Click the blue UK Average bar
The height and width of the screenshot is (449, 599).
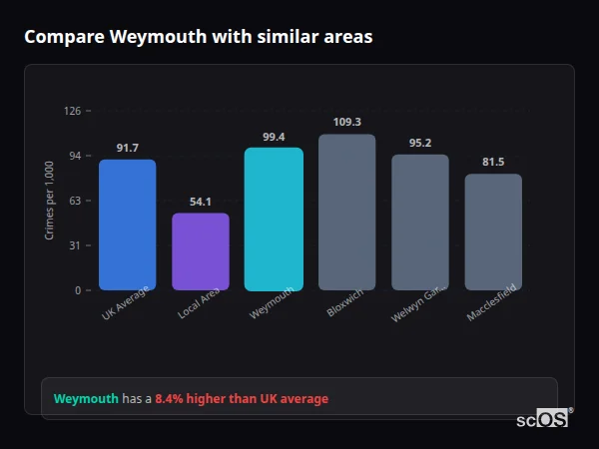point(127,224)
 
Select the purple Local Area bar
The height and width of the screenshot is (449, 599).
point(201,251)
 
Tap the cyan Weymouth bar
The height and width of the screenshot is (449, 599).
point(274,219)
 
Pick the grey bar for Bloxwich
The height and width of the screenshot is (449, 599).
point(347,212)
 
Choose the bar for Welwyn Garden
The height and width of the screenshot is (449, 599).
point(420,222)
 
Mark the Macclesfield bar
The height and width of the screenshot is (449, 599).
point(493,231)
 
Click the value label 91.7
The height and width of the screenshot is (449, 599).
point(127,149)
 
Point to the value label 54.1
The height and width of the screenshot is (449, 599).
point(201,203)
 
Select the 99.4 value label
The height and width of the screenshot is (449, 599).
point(274,138)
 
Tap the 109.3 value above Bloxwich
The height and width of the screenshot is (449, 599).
point(347,123)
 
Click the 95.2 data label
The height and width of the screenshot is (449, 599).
point(420,144)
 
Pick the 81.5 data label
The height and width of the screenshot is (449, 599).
point(493,163)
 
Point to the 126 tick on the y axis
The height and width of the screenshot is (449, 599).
point(72,111)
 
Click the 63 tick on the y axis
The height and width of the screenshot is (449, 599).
point(75,201)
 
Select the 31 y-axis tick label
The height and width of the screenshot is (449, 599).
point(75,245)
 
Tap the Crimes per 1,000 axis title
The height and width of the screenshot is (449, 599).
point(49,201)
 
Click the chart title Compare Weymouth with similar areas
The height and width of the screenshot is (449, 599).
point(198,37)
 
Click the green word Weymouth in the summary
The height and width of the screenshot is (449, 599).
point(86,399)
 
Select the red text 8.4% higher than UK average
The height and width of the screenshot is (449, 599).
point(241,399)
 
